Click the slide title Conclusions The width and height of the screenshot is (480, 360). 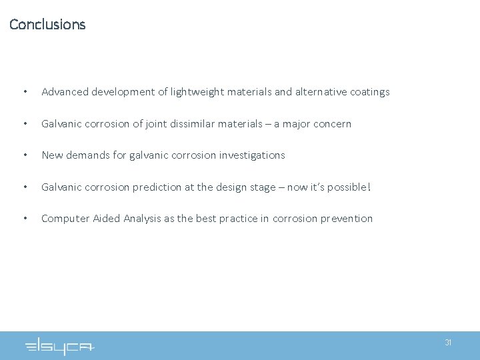pos(47,25)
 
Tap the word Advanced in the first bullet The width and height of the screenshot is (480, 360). pos(65,92)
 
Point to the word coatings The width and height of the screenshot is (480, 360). pos(368,92)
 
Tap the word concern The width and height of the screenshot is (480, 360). pos(331,124)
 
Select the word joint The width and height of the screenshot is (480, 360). pos(167,124)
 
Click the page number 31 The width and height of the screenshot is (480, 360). pos(448,343)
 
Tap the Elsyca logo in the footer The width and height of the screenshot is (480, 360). pos(60,347)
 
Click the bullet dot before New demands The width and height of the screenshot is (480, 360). pos(25,155)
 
